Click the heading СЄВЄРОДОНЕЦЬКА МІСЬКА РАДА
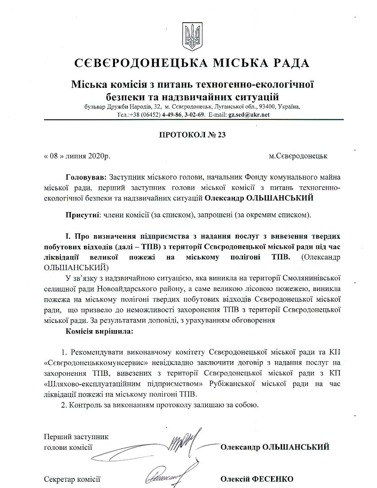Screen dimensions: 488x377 click(x=192, y=63)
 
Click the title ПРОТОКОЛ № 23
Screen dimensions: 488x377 click(x=192, y=135)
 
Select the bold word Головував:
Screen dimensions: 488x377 click(x=86, y=177)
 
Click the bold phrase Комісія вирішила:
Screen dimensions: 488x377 click(x=99, y=331)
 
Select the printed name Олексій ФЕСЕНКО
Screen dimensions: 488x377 click(x=256, y=479)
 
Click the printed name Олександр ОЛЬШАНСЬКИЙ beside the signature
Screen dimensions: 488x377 click(x=275, y=447)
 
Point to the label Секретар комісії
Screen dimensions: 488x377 click(x=72, y=479)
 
